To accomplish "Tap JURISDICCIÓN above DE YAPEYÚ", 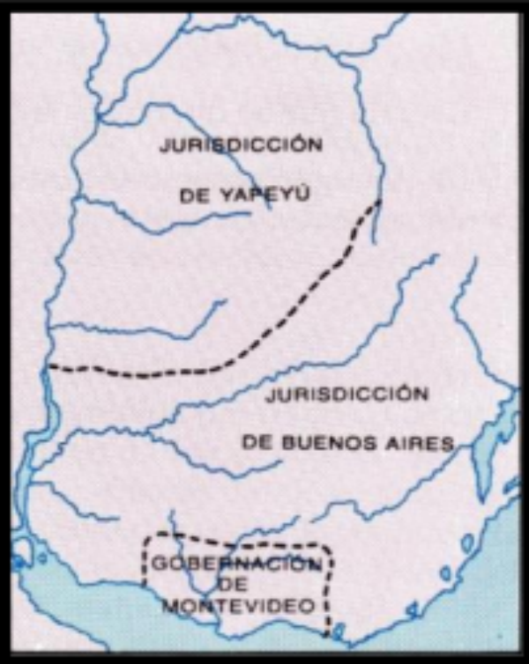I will [x=241, y=146].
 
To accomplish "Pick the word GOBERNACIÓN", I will [x=235, y=564].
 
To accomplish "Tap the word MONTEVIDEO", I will [x=238, y=606].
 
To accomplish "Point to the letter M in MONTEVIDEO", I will [x=170, y=606].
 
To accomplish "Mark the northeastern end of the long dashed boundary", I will [x=379, y=203].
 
